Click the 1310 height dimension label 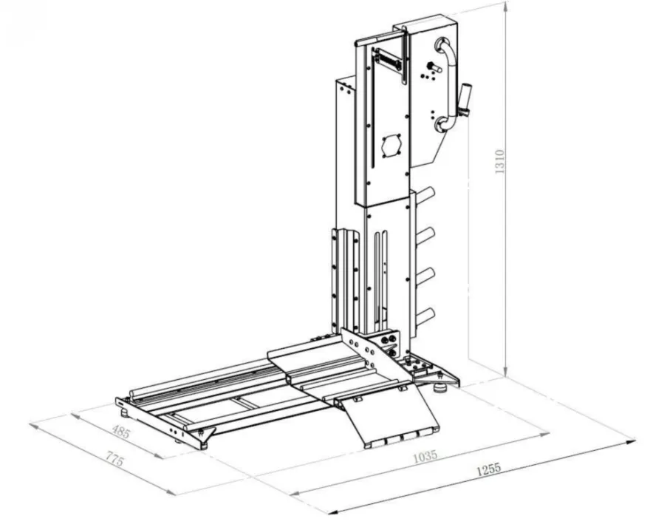[x=500, y=162]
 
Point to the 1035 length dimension [x=425, y=455]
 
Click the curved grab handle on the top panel [x=446, y=85]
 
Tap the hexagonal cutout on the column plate [x=391, y=146]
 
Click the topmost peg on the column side [x=424, y=195]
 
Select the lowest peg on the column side [x=424, y=316]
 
